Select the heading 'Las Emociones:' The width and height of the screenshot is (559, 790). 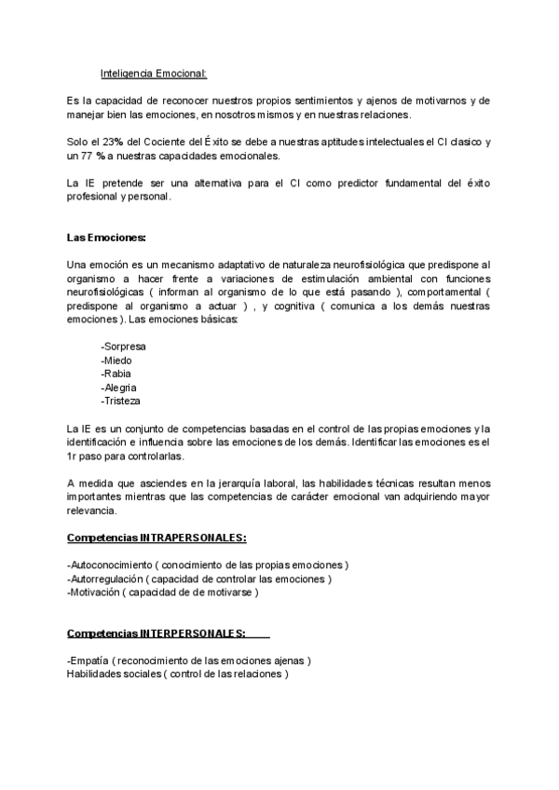click(x=106, y=238)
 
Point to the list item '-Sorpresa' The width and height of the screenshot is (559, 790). click(x=123, y=346)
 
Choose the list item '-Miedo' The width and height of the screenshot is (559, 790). click(x=116, y=360)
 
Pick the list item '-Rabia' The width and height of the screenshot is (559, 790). click(x=116, y=374)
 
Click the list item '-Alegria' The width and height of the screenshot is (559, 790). click(x=119, y=387)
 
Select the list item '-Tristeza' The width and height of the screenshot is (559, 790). click(x=121, y=401)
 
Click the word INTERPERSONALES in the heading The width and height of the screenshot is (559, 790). click(x=193, y=633)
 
